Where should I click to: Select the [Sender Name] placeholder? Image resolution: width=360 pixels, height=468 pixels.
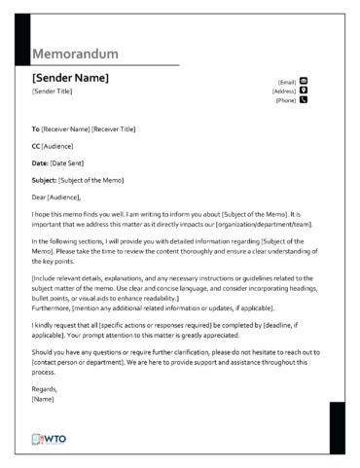point(70,78)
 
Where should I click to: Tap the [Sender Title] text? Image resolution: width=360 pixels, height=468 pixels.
point(53,91)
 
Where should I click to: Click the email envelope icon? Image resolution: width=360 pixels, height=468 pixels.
point(304,81)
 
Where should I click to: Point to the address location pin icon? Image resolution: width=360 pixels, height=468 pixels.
point(304,90)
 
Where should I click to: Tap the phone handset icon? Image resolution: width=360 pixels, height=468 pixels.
point(304,99)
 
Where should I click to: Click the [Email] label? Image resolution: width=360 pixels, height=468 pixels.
point(287,82)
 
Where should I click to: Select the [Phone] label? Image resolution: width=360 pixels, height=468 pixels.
point(286,100)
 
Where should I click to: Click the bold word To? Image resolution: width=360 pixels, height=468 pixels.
point(36,129)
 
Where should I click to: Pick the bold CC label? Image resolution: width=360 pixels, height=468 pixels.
point(37,146)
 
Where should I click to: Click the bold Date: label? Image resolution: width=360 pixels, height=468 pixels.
point(41,162)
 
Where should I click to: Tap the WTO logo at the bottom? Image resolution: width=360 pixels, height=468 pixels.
point(50,440)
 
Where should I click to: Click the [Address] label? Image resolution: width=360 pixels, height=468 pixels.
point(284,90)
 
